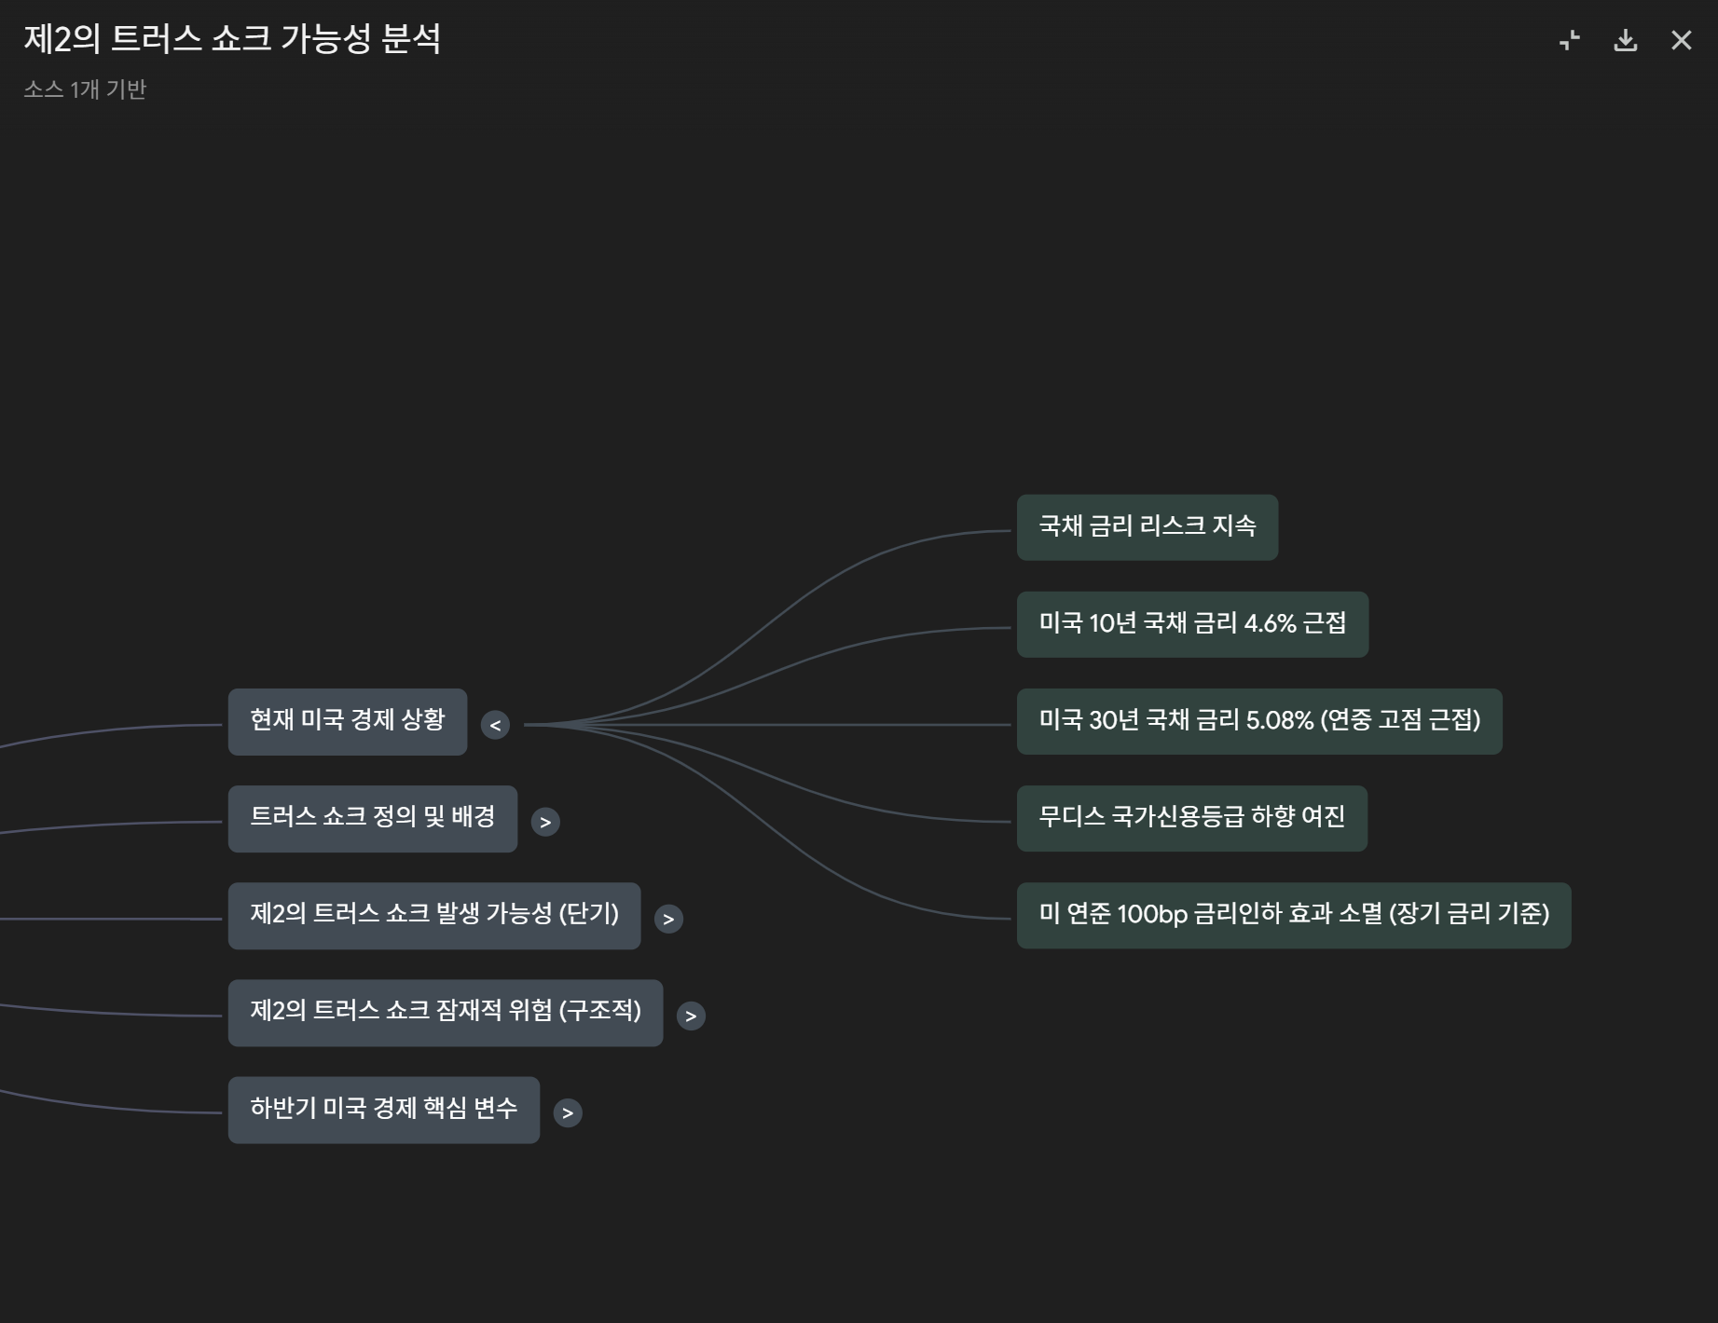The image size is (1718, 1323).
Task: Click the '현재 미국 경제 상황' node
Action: click(x=347, y=722)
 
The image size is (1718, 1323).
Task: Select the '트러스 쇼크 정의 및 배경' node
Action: click(x=372, y=819)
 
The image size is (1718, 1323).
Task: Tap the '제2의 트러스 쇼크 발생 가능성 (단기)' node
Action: click(x=433, y=916)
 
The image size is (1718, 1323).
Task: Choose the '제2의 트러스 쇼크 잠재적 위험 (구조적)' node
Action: click(x=445, y=1013)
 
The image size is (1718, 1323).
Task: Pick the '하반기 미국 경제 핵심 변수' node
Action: click(x=383, y=1110)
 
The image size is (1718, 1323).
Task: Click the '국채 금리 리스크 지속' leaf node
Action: click(x=1147, y=527)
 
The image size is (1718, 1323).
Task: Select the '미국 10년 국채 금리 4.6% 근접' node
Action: click(x=1192, y=624)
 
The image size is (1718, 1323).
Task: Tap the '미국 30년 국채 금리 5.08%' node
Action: click(x=1258, y=721)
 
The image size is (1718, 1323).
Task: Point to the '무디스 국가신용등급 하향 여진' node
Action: click(x=1191, y=818)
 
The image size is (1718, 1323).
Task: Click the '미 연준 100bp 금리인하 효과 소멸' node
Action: click(x=1293, y=915)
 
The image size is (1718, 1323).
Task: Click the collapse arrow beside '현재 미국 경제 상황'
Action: click(x=495, y=725)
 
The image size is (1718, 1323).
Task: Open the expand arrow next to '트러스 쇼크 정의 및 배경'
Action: click(x=545, y=822)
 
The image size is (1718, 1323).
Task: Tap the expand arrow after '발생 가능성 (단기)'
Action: click(x=668, y=919)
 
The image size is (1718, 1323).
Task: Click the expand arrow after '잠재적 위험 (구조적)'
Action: click(x=691, y=1016)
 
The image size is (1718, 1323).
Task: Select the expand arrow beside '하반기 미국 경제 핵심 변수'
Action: click(x=568, y=1112)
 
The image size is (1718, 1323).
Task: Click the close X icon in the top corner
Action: click(x=1681, y=40)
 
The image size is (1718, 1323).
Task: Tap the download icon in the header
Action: click(x=1625, y=40)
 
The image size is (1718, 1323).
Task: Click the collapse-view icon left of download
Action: click(x=1570, y=40)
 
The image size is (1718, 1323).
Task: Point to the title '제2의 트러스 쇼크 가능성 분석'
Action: click(x=232, y=39)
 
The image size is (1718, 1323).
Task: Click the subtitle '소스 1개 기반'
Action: click(x=85, y=89)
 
